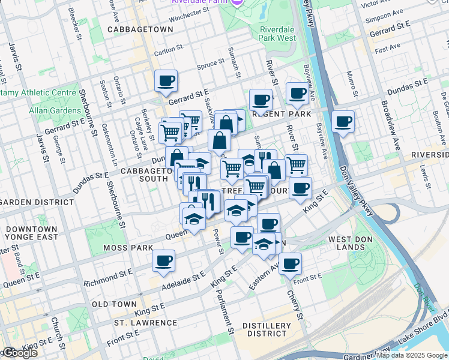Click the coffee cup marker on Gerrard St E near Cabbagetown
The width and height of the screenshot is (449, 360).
click(x=166, y=81)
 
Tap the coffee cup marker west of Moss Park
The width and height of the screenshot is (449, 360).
click(x=163, y=261)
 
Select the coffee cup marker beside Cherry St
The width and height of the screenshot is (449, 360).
click(x=290, y=263)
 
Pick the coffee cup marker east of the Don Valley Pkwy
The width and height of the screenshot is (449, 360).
click(x=343, y=122)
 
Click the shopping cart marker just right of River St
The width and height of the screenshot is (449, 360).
click(x=296, y=164)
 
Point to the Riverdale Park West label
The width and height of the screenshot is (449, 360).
click(x=278, y=33)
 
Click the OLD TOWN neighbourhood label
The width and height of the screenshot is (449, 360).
click(x=115, y=304)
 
